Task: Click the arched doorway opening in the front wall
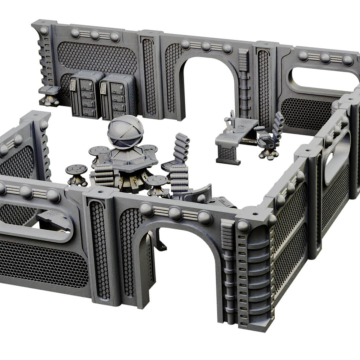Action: pyautogui.click(x=182, y=270)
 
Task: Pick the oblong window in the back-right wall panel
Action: pyautogui.click(x=320, y=80)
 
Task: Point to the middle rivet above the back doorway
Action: pyautogui.click(x=206, y=46)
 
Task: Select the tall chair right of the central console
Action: pyautogui.click(x=180, y=165)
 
